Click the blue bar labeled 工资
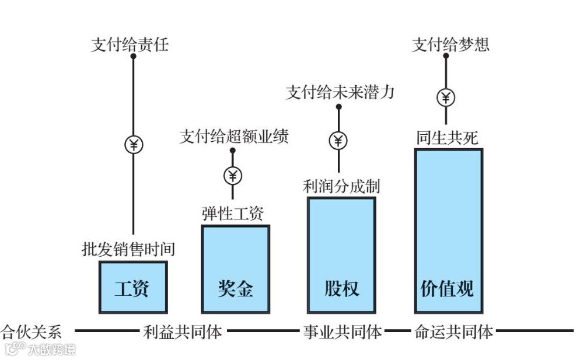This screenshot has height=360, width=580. (133, 287)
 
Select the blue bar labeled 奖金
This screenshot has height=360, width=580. (236, 268)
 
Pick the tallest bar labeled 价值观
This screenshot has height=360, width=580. (448, 230)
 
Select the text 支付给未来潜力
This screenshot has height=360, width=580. (340, 92)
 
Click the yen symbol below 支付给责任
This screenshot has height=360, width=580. (134, 144)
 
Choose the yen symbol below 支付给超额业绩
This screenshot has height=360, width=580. (233, 175)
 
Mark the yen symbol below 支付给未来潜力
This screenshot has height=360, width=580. (338, 140)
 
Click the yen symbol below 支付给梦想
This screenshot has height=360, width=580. (446, 97)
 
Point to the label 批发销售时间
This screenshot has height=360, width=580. (128, 249)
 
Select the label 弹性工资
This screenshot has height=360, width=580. (233, 214)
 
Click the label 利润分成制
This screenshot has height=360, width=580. (341, 186)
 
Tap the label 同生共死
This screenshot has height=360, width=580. (447, 138)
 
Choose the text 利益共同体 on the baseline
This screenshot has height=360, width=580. (183, 332)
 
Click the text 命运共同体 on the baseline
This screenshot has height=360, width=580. (453, 332)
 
